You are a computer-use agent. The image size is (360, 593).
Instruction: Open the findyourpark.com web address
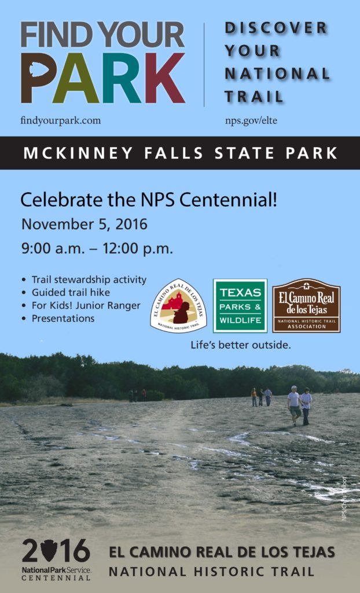[x=60, y=120]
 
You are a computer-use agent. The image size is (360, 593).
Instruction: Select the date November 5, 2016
[x=84, y=224]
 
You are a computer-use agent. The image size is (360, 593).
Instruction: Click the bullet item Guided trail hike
[x=71, y=292]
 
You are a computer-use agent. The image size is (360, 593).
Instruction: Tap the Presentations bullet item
[x=63, y=319]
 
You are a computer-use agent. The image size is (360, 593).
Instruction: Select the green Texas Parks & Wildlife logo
[x=240, y=306]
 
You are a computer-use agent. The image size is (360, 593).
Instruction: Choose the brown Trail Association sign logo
[x=306, y=306]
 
